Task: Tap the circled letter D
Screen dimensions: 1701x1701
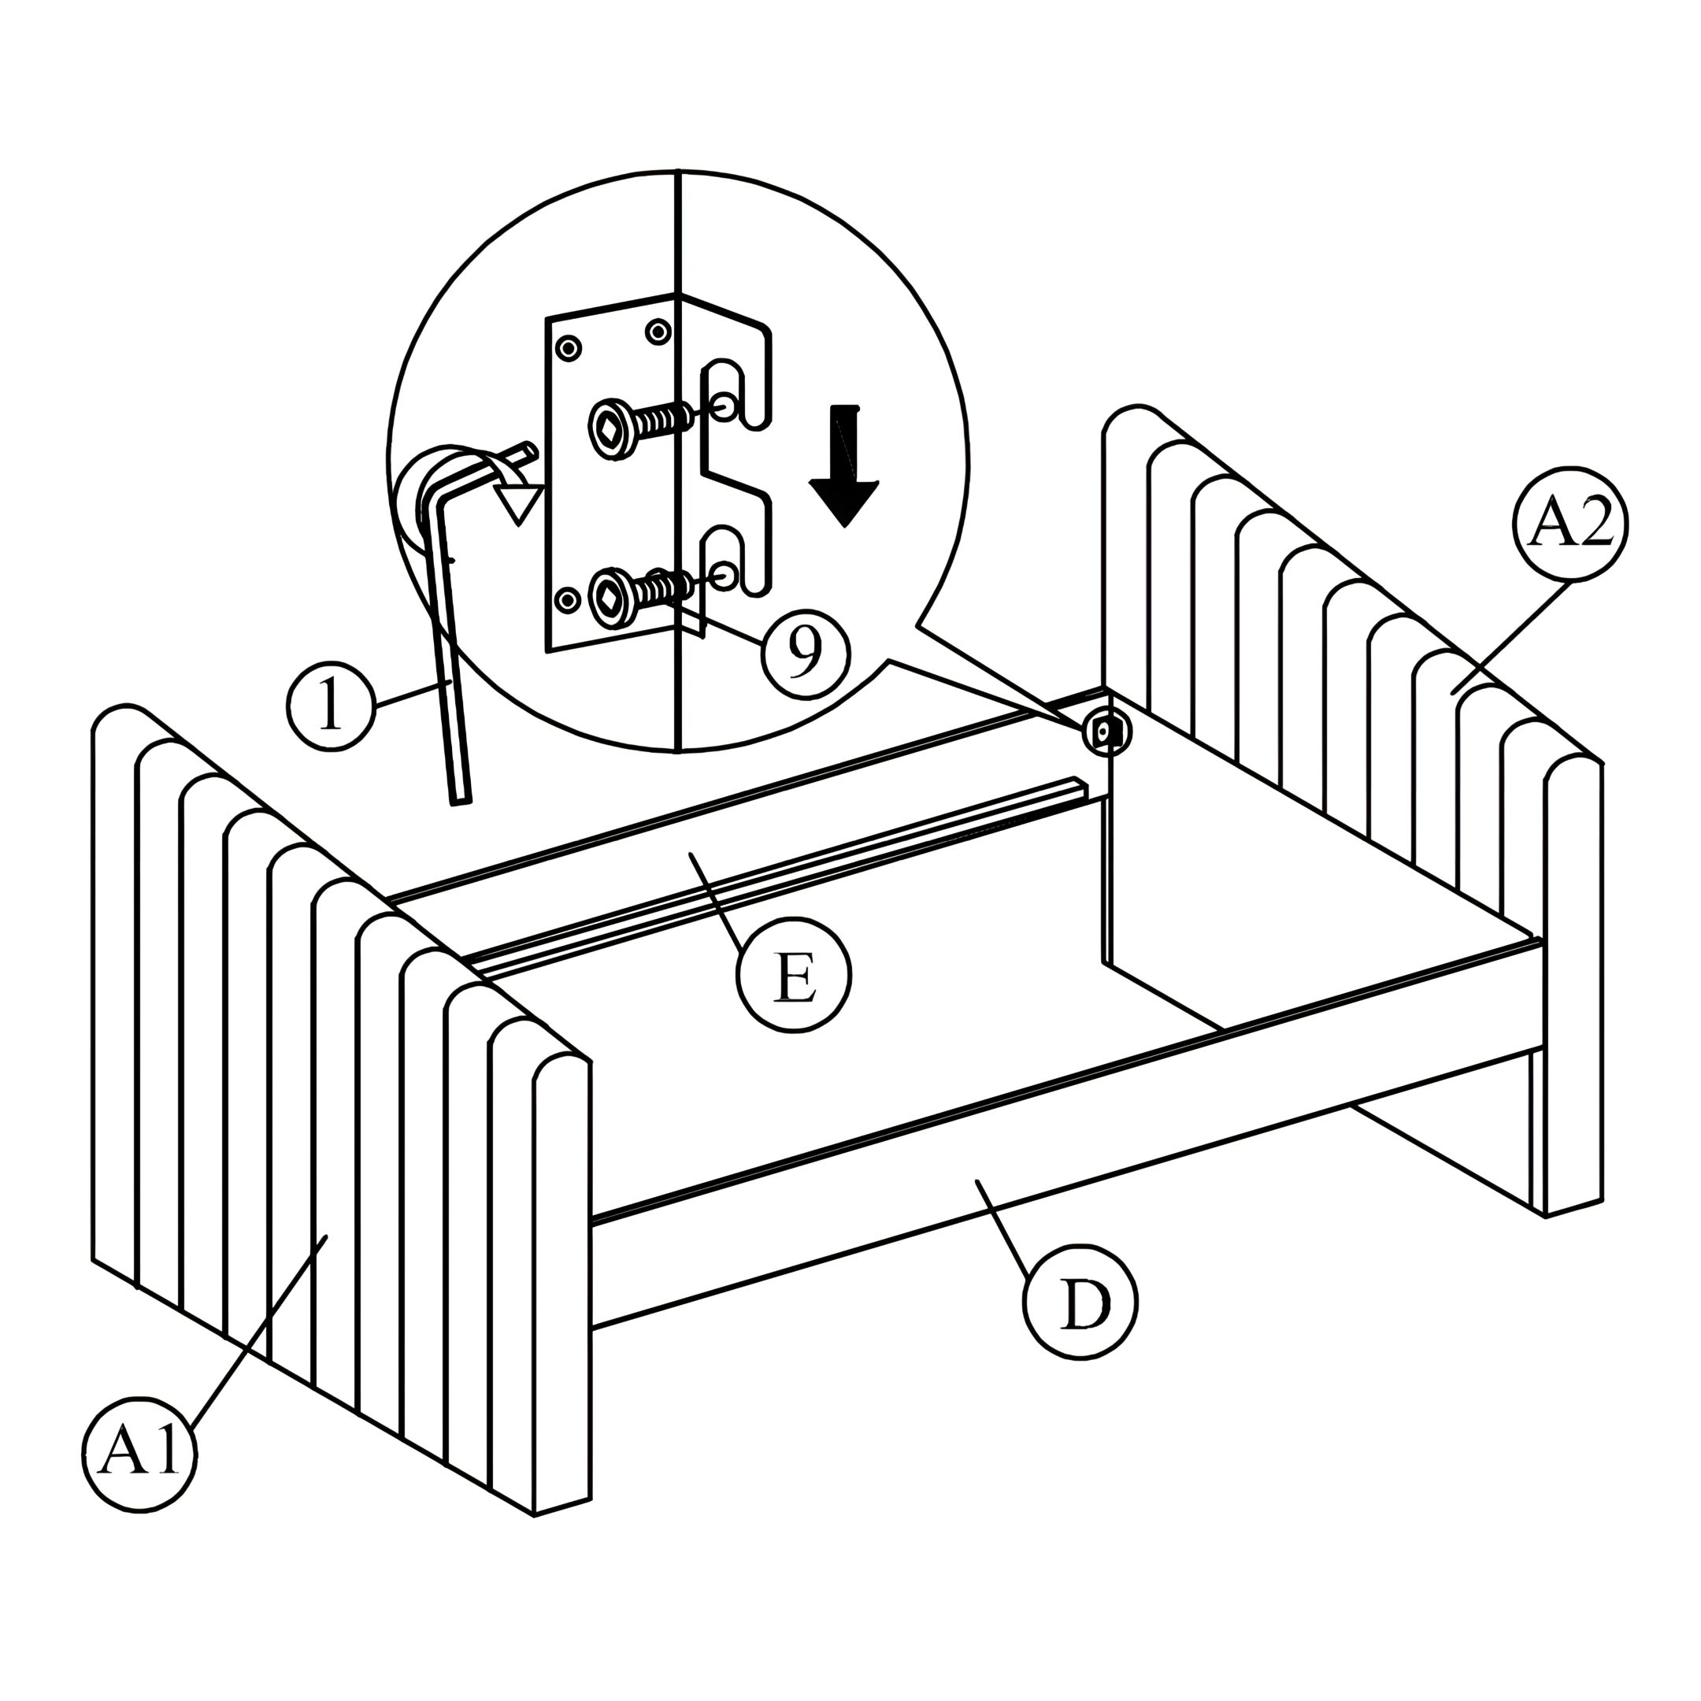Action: (1080, 1301)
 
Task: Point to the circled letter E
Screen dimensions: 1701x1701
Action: (794, 975)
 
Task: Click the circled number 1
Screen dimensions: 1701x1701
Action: (331, 706)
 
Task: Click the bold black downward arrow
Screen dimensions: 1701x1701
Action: (844, 465)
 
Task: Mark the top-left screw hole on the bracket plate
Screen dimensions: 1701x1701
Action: (569, 349)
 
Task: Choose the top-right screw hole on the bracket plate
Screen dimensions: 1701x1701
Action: (658, 332)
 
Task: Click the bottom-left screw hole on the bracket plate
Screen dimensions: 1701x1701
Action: (569, 600)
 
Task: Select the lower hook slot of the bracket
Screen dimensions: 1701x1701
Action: (732, 560)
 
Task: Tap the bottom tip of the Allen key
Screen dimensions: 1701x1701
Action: (461, 799)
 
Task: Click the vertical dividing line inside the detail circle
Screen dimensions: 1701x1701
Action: (679, 461)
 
